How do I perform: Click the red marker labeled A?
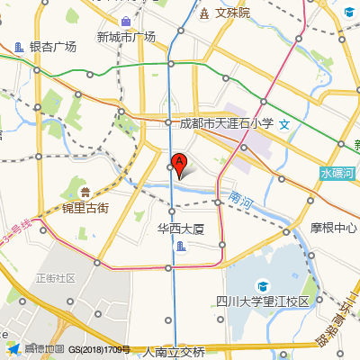(179, 164)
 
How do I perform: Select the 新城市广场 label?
(125, 37)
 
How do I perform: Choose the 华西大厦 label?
(181, 229)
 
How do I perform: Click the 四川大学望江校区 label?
(263, 301)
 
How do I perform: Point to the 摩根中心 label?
(334, 228)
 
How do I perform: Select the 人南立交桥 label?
(174, 352)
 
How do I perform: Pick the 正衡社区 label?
(55, 278)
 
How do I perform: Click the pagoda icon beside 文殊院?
(204, 13)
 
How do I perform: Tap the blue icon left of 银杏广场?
(20, 47)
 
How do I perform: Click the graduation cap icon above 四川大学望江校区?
(262, 283)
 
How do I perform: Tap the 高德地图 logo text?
(44, 349)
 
